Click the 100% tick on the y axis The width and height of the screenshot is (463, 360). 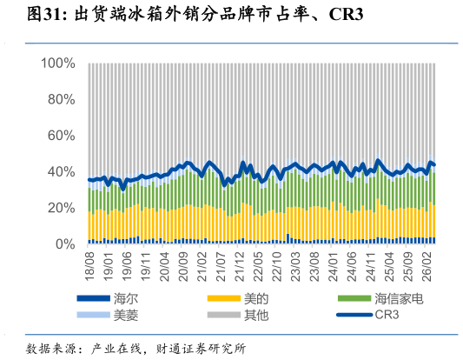[x=58, y=63]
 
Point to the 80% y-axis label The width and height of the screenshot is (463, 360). [x=62, y=100]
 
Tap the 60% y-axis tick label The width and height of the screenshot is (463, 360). [x=62, y=136]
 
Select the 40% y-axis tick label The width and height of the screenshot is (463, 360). [x=62, y=172]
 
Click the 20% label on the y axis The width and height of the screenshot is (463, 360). [x=62, y=209]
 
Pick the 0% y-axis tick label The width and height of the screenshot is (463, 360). [x=65, y=244]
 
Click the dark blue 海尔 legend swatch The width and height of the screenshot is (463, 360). [x=93, y=298]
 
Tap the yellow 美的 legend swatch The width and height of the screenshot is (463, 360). [x=224, y=298]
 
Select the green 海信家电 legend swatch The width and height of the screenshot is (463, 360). [x=354, y=298]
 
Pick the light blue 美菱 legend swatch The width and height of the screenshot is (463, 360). [x=93, y=315]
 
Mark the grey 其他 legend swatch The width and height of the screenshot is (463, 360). [x=224, y=315]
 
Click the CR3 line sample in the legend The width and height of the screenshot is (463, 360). [x=354, y=315]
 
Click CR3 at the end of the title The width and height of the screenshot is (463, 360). [x=346, y=14]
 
